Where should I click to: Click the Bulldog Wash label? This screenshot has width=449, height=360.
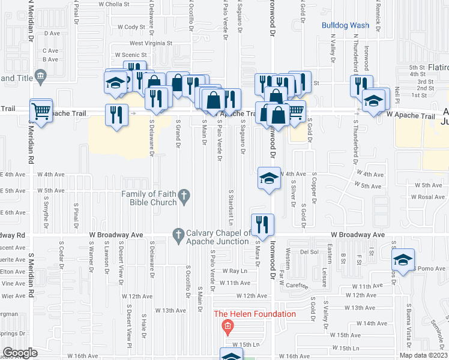[345, 25]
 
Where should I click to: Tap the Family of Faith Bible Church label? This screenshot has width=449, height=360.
[149, 198]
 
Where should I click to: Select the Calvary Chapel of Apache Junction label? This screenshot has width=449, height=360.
[217, 238]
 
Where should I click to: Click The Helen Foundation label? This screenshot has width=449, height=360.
[255, 314]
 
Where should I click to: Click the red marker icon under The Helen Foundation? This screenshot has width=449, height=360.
[227, 327]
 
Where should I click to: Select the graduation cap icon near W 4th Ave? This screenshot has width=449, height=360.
[269, 178]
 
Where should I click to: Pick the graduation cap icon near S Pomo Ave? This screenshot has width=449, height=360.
[403, 259]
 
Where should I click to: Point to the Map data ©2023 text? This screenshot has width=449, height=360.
[423, 355]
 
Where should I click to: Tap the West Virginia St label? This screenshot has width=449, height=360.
[151, 43]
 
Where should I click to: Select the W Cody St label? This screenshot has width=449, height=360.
[131, 27]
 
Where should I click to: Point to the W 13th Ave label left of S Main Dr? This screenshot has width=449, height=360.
[170, 310]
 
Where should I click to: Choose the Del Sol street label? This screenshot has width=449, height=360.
[309, 253]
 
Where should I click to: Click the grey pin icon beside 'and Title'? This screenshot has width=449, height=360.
[41, 76]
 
